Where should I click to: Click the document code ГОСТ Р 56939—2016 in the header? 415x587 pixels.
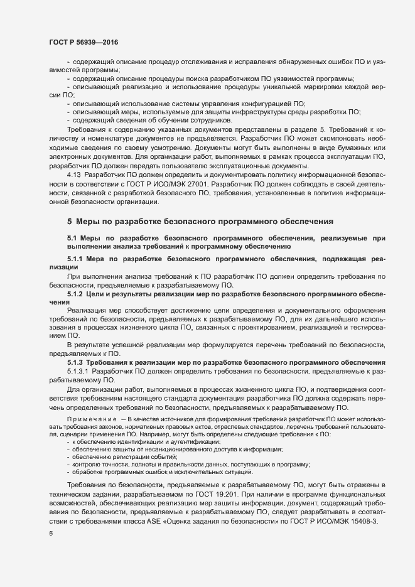click(83, 42)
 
